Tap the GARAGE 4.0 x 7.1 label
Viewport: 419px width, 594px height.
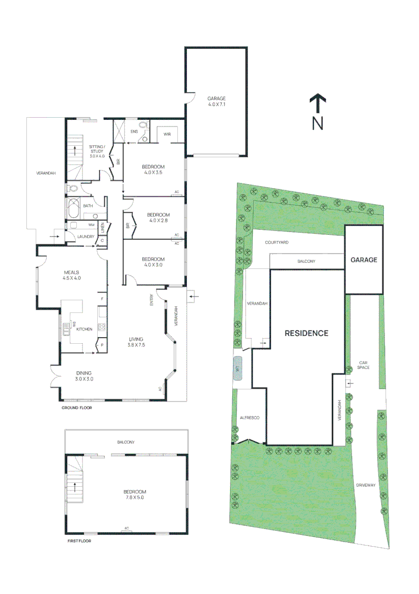tap(216, 101)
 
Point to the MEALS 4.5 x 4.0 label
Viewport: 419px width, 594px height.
tap(72, 275)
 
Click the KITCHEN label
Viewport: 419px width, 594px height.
tap(84, 328)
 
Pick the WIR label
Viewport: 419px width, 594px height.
tap(167, 134)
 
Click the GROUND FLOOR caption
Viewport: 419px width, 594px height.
tap(76, 408)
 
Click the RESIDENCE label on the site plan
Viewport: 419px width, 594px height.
tap(306, 333)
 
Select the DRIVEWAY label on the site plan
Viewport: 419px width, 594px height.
tap(366, 485)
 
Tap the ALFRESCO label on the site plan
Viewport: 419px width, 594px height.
tap(249, 418)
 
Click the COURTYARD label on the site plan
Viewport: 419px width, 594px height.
tap(277, 242)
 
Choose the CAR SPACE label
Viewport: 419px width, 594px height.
tap(363, 365)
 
